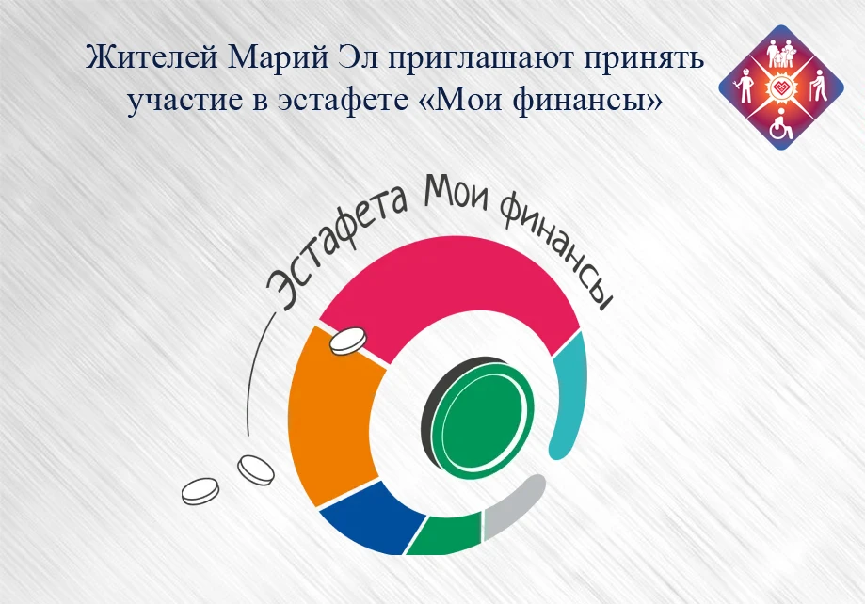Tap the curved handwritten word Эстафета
[337, 248]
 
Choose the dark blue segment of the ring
[376, 518]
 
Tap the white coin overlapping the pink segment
[348, 341]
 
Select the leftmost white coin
[200, 491]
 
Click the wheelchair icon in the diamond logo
[779, 125]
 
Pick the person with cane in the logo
[817, 87]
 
